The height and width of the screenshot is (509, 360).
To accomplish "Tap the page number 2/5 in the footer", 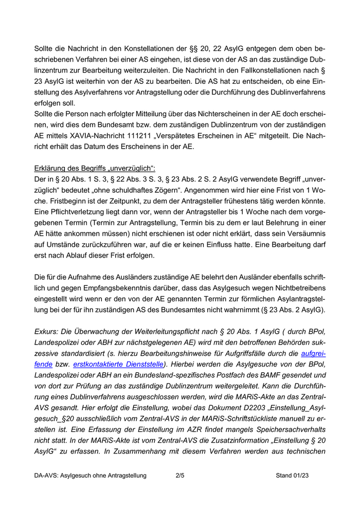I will (179, 476).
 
